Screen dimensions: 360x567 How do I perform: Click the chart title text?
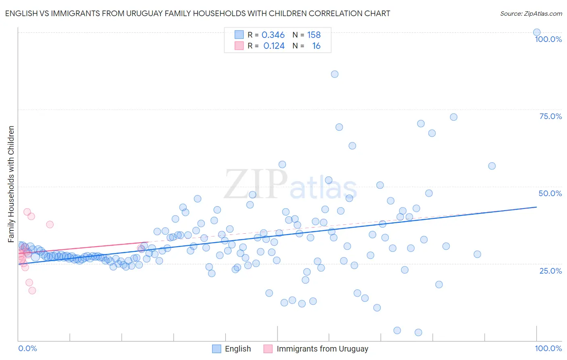coord(197,13)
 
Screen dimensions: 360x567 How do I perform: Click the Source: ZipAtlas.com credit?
coord(531,13)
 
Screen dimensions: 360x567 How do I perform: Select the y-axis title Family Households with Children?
coord(11,184)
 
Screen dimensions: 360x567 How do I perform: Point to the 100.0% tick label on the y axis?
coord(548,39)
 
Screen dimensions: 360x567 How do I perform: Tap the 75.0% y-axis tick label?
coord(550,116)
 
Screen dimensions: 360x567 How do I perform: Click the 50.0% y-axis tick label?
coord(550,193)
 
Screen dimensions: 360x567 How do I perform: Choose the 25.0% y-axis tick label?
coord(550,270)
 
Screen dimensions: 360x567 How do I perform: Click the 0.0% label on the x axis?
coord(27,348)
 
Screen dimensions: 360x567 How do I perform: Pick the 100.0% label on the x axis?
coord(548,348)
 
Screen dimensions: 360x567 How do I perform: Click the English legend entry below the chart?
coord(238,349)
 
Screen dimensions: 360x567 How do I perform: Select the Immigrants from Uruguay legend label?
coord(322,349)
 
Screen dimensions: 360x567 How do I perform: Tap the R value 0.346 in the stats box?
coord(273,35)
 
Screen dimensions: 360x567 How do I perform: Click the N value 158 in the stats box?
coord(314,35)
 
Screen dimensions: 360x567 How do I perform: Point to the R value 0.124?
coord(274,46)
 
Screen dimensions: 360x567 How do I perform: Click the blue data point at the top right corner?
coord(536,32)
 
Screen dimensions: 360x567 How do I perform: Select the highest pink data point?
coord(27,212)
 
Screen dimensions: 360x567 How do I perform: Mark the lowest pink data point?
coord(32,291)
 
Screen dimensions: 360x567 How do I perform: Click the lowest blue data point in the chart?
coord(418,333)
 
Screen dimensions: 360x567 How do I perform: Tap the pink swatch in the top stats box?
coord(239,46)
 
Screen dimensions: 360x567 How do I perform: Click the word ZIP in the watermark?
coord(256,184)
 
